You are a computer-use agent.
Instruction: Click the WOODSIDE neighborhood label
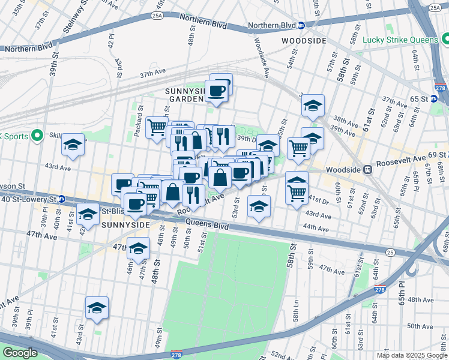tap(304, 40)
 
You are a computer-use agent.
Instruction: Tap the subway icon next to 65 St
tap(435, 98)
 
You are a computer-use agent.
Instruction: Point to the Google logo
tap(20, 353)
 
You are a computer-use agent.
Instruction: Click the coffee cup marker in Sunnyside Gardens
tap(217, 91)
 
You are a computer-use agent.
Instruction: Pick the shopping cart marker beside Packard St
tap(157, 126)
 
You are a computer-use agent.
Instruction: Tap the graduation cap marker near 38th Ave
tap(312, 106)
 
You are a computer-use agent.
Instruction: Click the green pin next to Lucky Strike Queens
tap(445, 40)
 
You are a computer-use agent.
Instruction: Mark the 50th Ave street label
tap(420, 326)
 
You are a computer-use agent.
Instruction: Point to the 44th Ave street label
tap(316, 228)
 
